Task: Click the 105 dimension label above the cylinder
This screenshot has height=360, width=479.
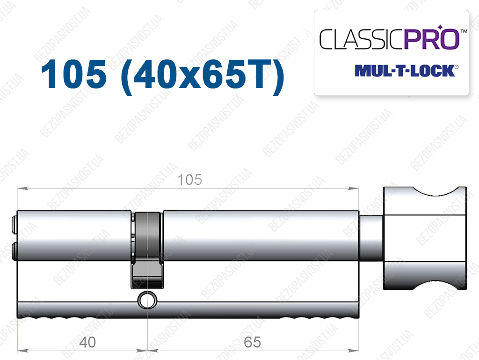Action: (x=189, y=180)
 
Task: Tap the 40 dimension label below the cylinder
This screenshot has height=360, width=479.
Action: (x=87, y=342)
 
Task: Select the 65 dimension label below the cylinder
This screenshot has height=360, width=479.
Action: (x=252, y=342)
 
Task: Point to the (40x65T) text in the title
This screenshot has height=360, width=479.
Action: (x=202, y=75)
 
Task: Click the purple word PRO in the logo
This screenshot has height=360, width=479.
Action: (x=432, y=39)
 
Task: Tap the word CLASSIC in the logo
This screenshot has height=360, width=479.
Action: (x=362, y=39)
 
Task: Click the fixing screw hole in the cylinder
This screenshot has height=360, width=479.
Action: (x=147, y=300)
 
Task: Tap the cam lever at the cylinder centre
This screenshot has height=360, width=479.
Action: (x=147, y=250)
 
